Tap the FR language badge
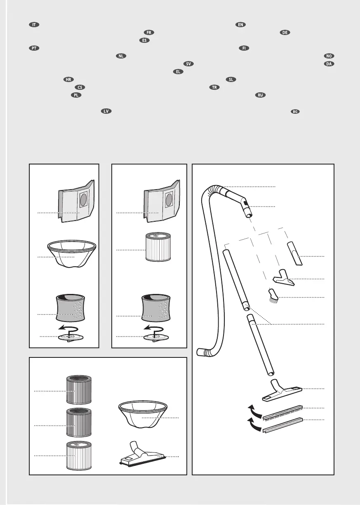pos(149,33)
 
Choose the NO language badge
pos(328,56)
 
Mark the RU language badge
pos(260,95)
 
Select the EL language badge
pos(178,72)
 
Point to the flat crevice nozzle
pos(295,255)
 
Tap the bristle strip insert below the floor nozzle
pos(282,410)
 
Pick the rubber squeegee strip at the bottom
pos(282,424)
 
